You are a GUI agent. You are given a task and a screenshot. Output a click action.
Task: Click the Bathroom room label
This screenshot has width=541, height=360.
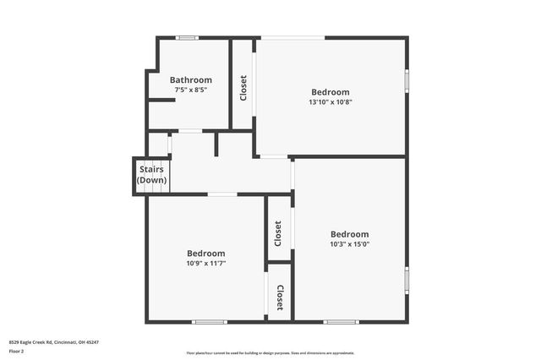point(191,80)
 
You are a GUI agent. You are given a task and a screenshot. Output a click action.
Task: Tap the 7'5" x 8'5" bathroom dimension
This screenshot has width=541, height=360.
point(191,90)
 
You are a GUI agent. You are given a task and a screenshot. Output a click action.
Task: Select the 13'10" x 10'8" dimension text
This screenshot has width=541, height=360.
point(330,102)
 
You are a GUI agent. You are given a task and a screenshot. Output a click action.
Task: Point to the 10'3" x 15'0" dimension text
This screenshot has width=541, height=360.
point(349,244)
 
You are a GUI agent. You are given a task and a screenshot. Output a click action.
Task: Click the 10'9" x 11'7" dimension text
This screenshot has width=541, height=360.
point(206,263)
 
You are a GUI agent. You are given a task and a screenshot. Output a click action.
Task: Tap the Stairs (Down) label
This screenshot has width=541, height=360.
point(152,175)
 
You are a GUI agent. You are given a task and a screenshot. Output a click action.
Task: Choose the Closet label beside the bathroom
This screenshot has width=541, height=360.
point(243,88)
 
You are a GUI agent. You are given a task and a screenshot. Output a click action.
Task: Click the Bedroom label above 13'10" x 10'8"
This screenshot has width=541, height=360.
point(330,92)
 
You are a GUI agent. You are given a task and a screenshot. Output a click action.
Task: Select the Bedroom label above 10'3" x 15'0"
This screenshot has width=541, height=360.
point(349,234)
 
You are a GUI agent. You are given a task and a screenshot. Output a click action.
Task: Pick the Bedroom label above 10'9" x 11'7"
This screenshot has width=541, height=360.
point(206,253)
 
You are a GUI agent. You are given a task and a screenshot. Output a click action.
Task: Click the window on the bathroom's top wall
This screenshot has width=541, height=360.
point(187,37)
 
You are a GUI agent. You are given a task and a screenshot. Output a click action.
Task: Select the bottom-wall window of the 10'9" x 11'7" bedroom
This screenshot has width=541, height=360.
point(210,321)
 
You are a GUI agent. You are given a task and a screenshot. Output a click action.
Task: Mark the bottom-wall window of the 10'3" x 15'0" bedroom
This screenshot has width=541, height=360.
point(341,321)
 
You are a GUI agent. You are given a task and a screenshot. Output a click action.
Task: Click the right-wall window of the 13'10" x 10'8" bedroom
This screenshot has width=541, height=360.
point(407,80)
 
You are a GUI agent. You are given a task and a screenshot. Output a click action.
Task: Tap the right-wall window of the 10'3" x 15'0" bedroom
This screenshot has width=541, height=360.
point(407,279)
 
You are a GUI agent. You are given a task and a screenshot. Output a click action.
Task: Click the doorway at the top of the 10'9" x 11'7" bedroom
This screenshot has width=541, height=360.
point(222,195)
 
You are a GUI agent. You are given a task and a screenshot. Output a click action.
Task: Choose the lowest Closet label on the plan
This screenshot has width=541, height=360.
point(280,297)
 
